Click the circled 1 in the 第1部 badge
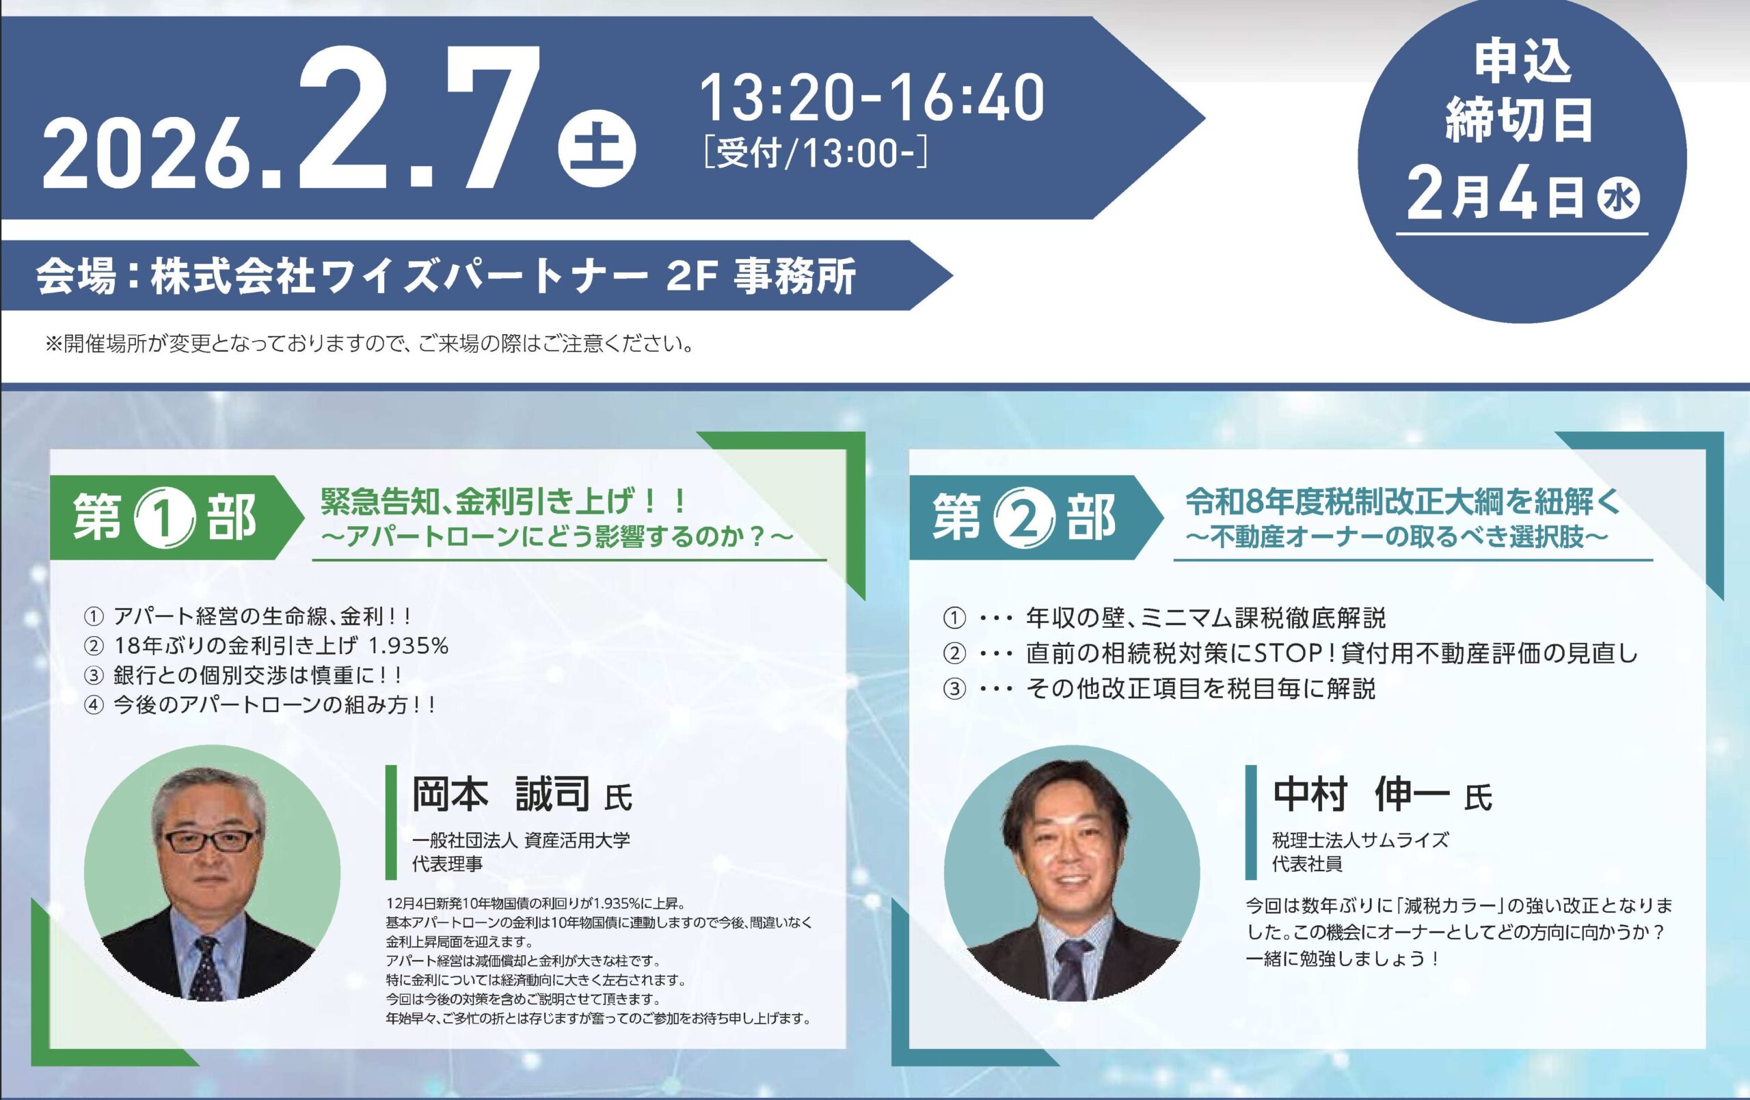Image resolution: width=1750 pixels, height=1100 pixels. [165, 519]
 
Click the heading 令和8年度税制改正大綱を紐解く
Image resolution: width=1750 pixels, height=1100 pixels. [1402, 502]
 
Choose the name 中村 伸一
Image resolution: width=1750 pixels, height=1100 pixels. [1360, 794]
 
